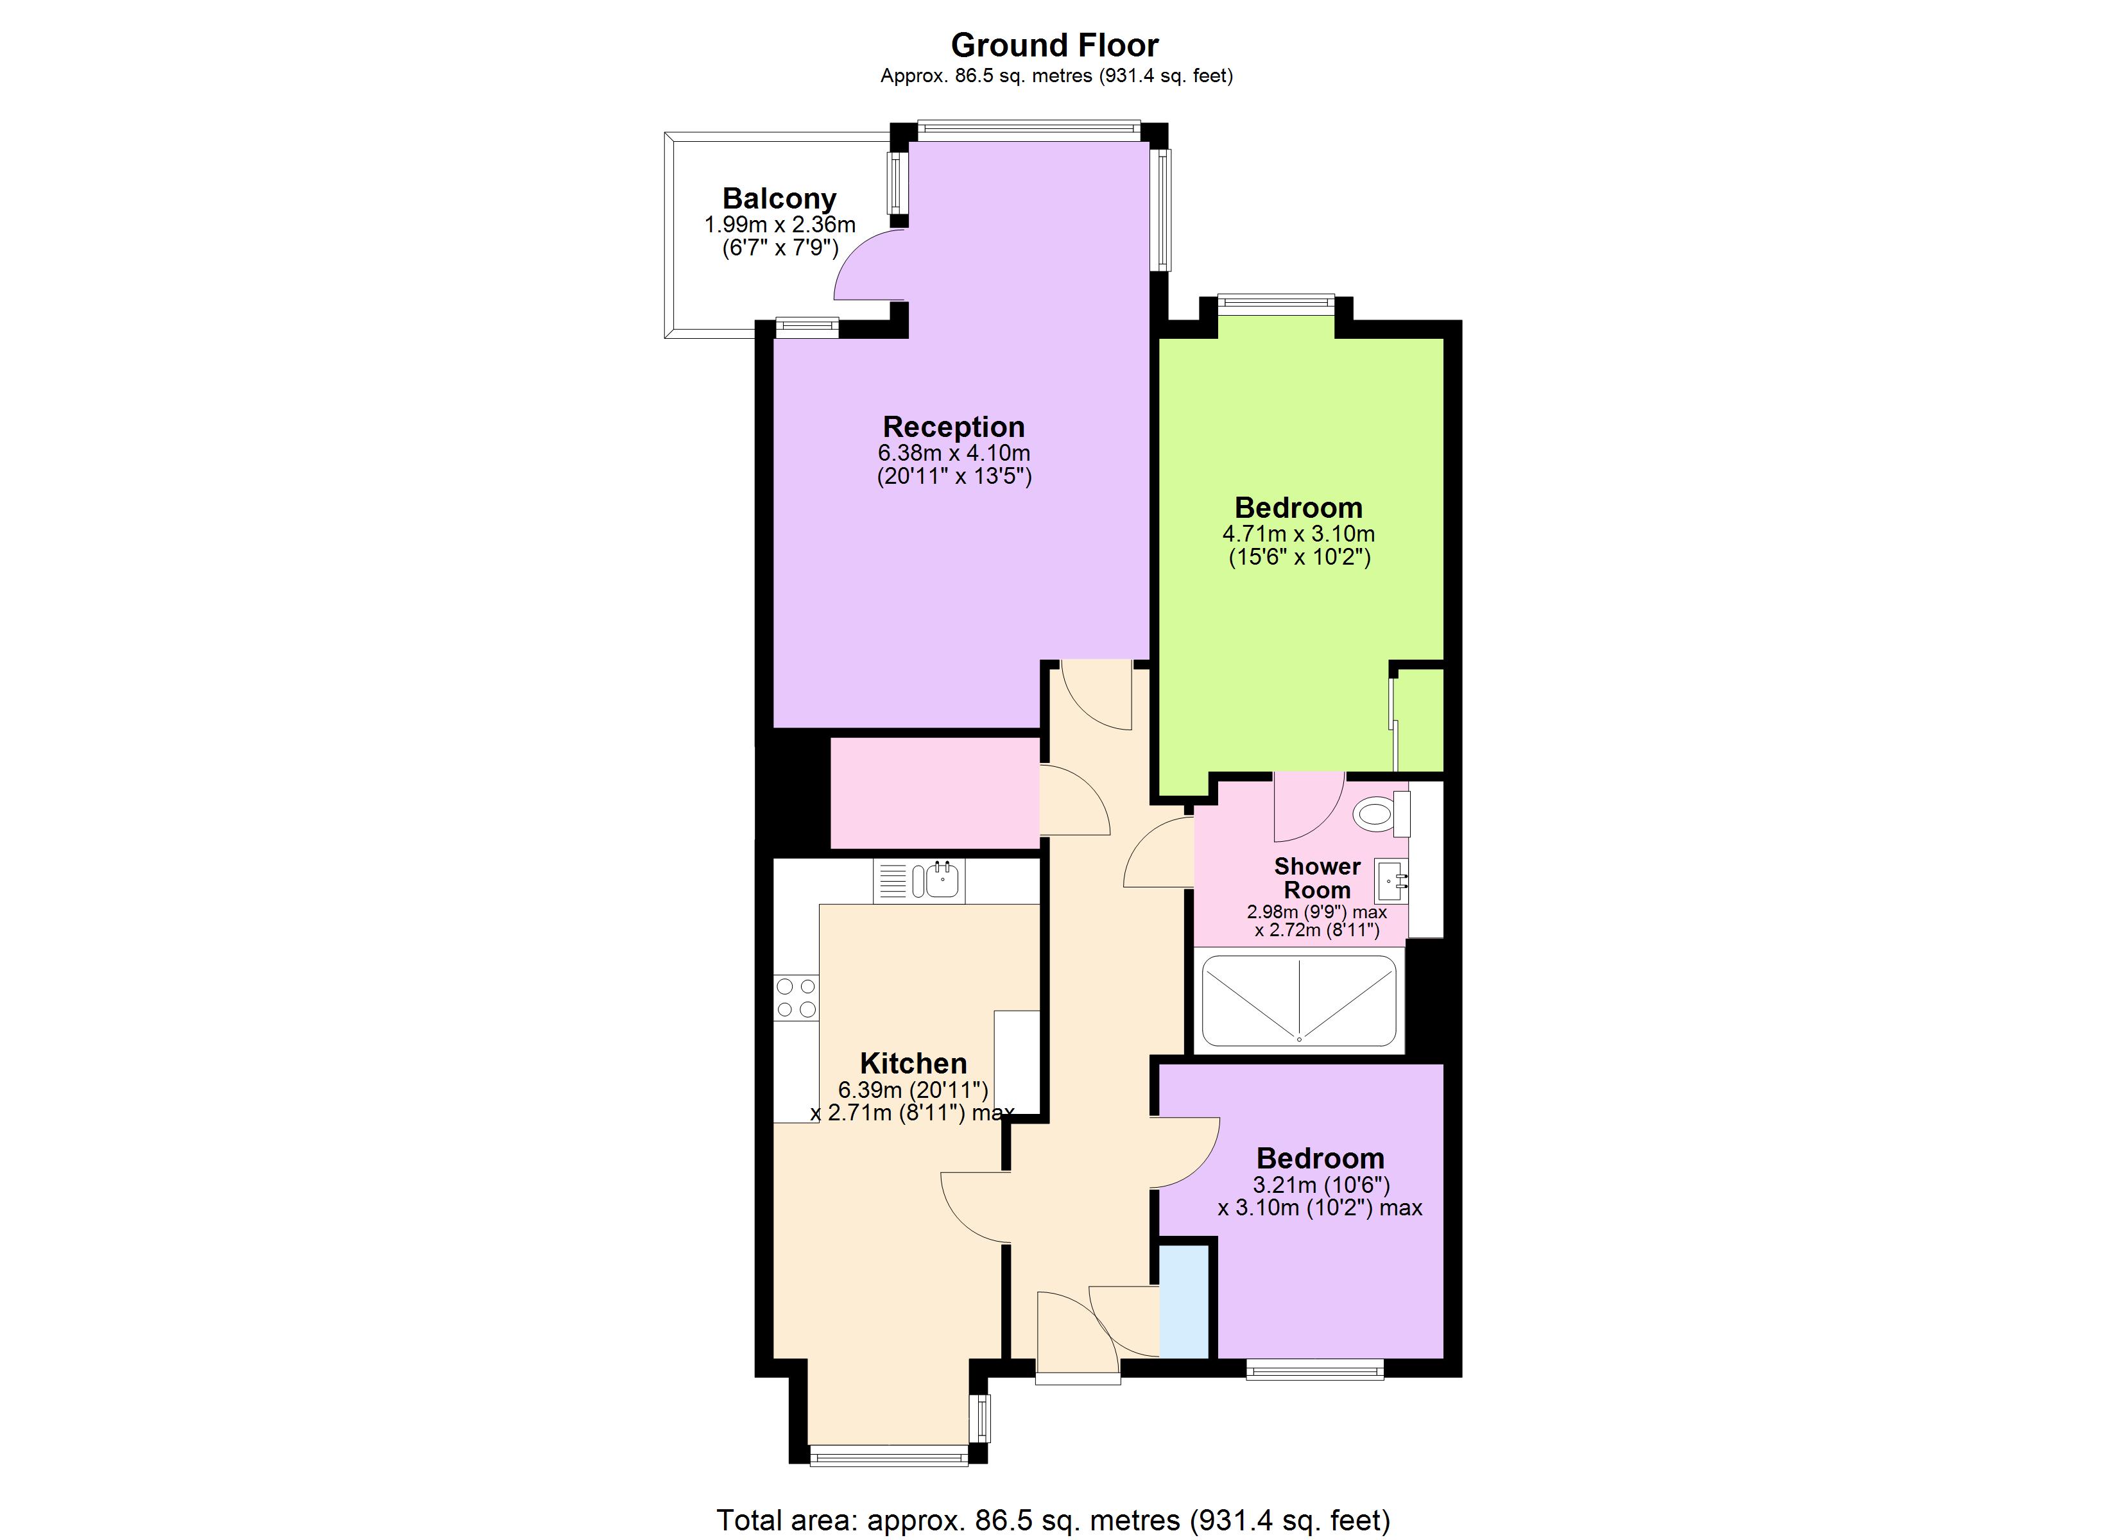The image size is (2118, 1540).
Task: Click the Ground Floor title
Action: tap(1055, 45)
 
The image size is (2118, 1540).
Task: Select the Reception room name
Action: tap(954, 427)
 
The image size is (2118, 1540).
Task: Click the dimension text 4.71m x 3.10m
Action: tap(1298, 535)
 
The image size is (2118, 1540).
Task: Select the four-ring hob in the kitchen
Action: tap(796, 997)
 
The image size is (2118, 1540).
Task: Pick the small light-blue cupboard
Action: tap(1184, 1301)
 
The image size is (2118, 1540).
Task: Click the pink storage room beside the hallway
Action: tap(934, 793)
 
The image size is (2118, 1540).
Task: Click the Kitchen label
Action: tap(913, 1063)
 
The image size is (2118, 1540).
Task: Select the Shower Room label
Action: tap(1317, 878)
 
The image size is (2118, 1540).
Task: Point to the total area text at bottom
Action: tap(1053, 1519)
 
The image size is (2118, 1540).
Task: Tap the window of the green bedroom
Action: tap(1276, 302)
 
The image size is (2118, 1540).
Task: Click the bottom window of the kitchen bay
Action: tap(888, 1455)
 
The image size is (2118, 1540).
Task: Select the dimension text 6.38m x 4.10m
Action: tap(954, 453)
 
